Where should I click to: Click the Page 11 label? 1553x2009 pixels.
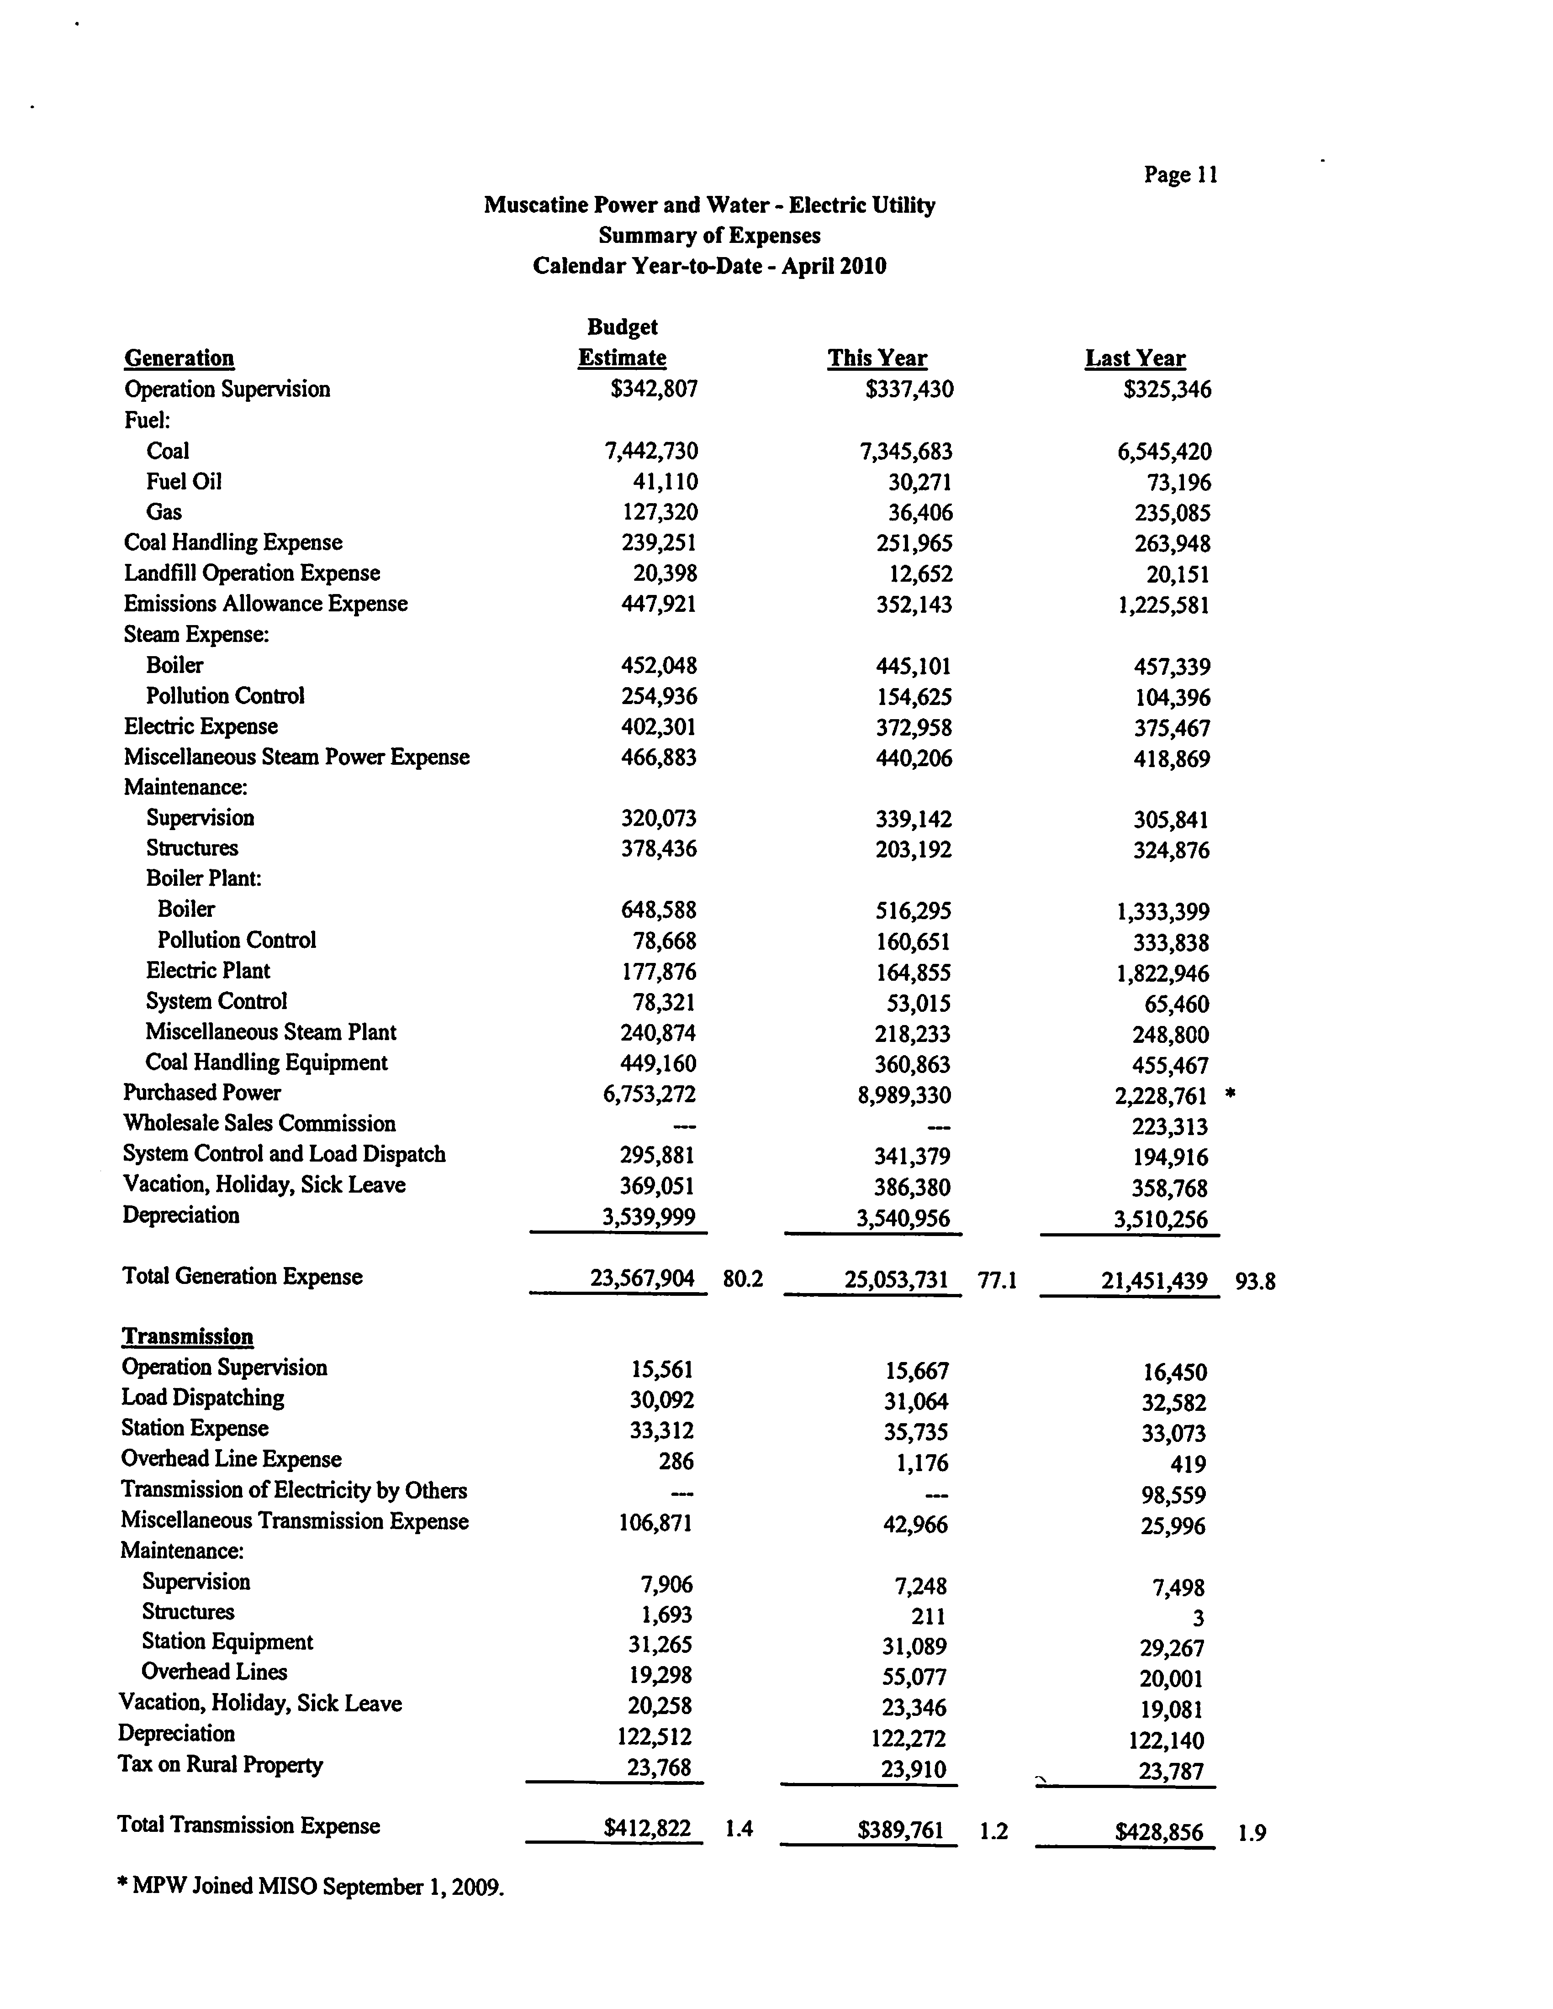[1180, 175]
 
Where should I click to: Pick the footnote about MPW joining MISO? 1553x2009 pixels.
[311, 1887]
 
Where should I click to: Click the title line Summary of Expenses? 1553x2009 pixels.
[709, 236]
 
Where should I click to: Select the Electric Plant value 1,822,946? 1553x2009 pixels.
[1163, 973]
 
